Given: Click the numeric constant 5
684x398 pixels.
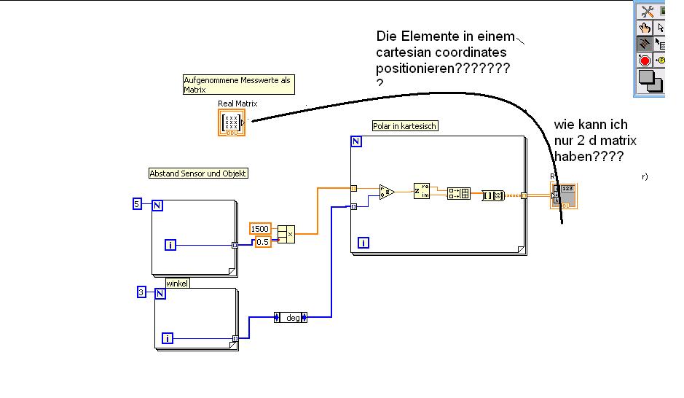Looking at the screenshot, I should (136, 204).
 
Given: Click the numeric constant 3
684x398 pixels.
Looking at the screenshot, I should (141, 292).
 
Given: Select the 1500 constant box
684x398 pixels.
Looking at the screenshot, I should (260, 229).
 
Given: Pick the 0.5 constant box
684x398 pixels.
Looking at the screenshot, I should (262, 241).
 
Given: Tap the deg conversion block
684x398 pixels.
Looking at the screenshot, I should (291, 317).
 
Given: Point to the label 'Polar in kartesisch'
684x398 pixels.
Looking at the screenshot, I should (405, 126).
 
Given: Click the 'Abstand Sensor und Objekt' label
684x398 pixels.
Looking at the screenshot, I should (198, 173).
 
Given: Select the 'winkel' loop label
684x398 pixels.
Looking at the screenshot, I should (177, 283).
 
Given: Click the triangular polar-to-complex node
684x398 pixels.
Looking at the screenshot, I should (387, 192).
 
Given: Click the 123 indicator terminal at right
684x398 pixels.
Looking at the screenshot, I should (566, 195).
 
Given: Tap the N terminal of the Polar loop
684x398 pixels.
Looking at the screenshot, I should (356, 141).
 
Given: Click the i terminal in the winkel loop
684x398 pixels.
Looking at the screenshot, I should (168, 337).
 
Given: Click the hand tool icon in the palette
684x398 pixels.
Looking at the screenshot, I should (645, 28).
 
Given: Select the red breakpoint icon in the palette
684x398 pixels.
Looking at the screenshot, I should (645, 60).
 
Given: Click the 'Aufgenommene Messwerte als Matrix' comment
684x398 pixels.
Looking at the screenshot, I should (237, 84).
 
